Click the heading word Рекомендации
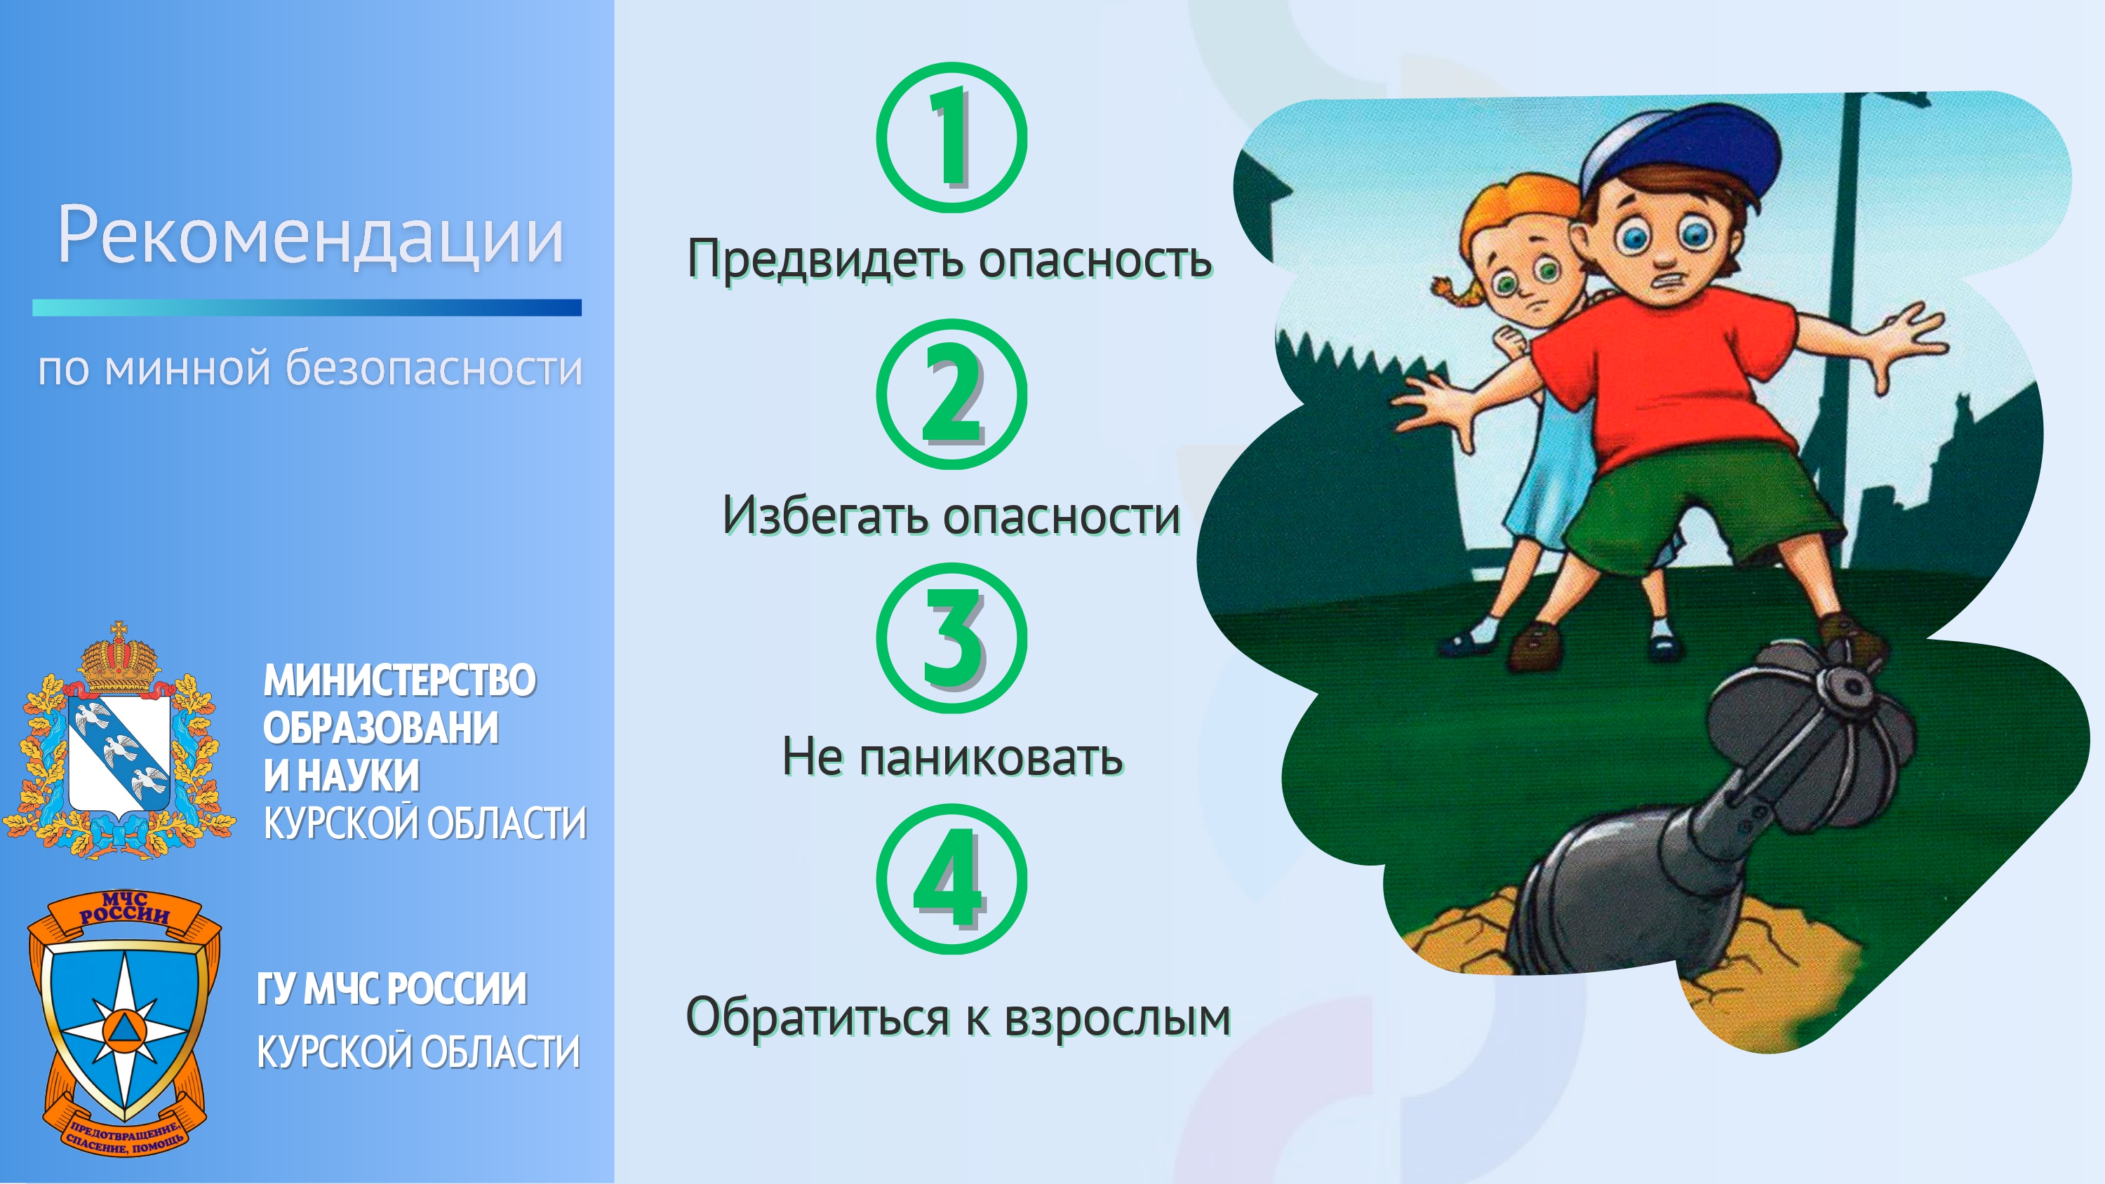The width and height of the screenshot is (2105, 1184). click(311, 236)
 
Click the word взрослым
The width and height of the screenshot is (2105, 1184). click(1117, 1018)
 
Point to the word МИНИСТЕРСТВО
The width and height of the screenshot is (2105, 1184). click(399, 680)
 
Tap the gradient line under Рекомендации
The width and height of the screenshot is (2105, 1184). click(307, 307)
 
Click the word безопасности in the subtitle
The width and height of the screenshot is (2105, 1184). click(434, 370)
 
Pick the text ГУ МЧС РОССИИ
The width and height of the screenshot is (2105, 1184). click(392, 990)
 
